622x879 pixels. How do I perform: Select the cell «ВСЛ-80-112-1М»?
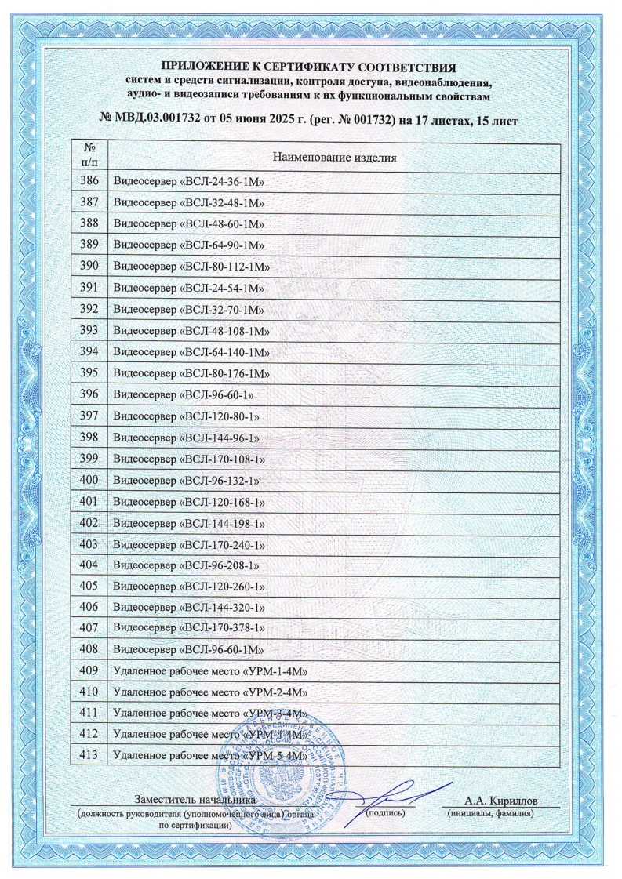pyautogui.click(x=193, y=267)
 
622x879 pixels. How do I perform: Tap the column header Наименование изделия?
pyautogui.click(x=333, y=158)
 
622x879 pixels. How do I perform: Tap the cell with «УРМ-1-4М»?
pyautogui.click(x=208, y=670)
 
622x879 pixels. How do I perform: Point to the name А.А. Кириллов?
pyautogui.click(x=501, y=801)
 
